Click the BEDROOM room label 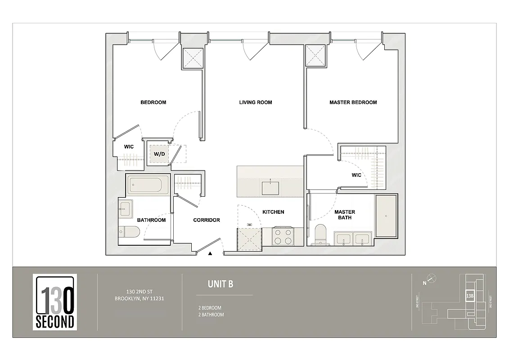[153, 102]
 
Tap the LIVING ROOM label [255, 102]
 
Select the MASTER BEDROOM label [353, 102]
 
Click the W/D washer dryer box [159, 153]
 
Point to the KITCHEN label [273, 212]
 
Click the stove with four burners [283, 237]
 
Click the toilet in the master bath [321, 234]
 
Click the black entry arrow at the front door [210, 254]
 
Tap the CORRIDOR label [207, 220]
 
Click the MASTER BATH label [345, 215]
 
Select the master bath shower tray [386, 216]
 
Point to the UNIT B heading [220, 284]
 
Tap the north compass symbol [431, 279]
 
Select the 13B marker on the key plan [469, 296]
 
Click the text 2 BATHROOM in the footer [211, 315]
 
